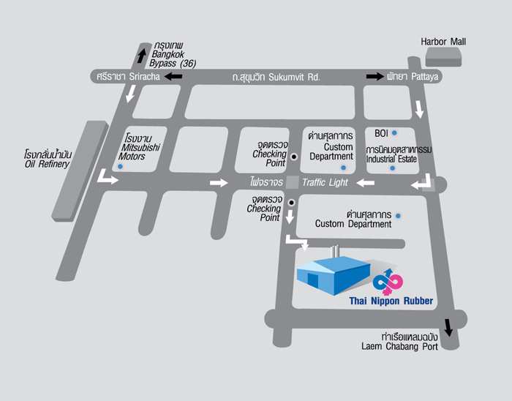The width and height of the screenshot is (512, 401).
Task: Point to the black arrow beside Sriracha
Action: click(173, 76)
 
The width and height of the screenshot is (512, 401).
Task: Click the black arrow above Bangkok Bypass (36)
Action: click(142, 54)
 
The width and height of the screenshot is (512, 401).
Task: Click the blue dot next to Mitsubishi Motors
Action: click(121, 167)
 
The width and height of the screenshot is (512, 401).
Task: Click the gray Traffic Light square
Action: click(293, 182)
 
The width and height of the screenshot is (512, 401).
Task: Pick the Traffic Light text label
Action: click(325, 182)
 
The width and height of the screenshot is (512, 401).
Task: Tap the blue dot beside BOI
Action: click(394, 133)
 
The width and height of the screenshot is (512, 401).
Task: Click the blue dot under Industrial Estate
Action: click(392, 168)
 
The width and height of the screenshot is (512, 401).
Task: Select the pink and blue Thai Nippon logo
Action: click(388, 279)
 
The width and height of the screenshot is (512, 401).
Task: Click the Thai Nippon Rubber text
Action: click(391, 301)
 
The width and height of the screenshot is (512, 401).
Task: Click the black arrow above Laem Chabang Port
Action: click(448, 326)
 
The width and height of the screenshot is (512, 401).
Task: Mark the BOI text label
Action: click(381, 133)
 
